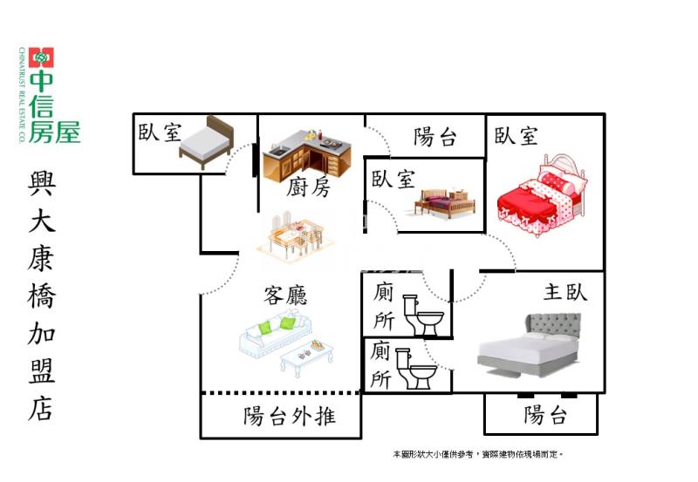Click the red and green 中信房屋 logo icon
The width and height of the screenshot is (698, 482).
click(42, 58)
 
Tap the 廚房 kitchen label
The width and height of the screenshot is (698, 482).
click(309, 187)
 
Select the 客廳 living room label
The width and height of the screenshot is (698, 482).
click(284, 296)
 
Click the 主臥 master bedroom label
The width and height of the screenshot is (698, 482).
click(565, 291)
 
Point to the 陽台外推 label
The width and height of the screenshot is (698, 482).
click(289, 416)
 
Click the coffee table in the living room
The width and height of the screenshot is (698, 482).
click(307, 356)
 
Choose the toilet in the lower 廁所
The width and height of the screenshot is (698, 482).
click(417, 370)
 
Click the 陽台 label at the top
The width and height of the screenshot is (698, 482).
click(435, 137)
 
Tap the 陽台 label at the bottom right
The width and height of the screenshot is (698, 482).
click(546, 415)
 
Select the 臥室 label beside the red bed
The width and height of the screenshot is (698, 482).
click(517, 136)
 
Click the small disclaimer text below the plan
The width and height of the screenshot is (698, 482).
click(478, 454)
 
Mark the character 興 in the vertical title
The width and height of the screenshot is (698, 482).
click(41, 185)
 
